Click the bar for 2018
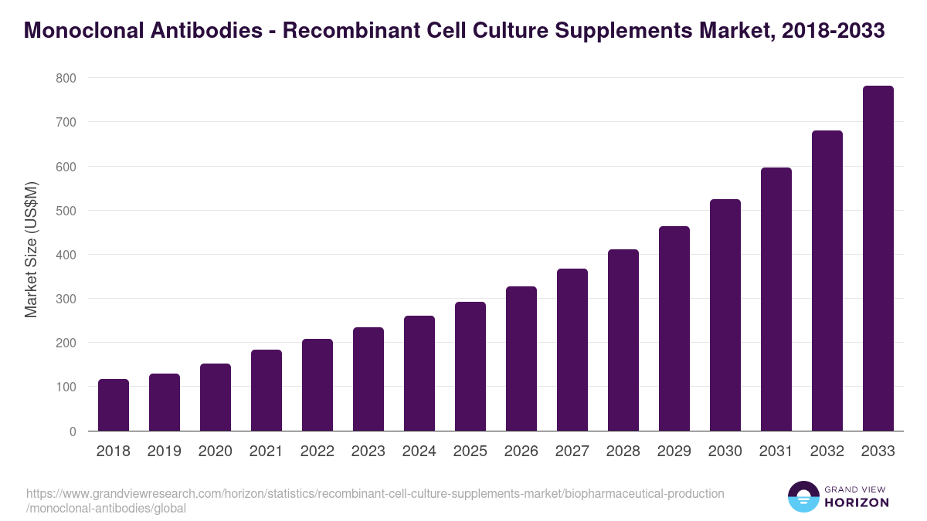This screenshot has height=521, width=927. [x=114, y=405]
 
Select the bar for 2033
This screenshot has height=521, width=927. [x=878, y=259]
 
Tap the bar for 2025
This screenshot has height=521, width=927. [x=470, y=367]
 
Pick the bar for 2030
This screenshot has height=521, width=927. [x=725, y=315]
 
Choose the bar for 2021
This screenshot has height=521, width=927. [x=267, y=391]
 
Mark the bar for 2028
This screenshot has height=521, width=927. [x=623, y=340]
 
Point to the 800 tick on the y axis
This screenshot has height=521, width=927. [x=66, y=78]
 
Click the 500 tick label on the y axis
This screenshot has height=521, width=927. [x=66, y=211]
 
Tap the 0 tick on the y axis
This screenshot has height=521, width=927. [x=72, y=431]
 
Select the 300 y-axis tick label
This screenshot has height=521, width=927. [x=66, y=299]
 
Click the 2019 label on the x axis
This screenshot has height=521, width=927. [x=165, y=452]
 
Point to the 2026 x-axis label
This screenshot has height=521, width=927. [x=521, y=452]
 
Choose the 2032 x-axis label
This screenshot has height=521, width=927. [x=827, y=452]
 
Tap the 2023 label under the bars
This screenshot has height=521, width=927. [x=368, y=452]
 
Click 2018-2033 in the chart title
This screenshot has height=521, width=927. [x=833, y=31]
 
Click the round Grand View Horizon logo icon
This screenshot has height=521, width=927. [x=803, y=496]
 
